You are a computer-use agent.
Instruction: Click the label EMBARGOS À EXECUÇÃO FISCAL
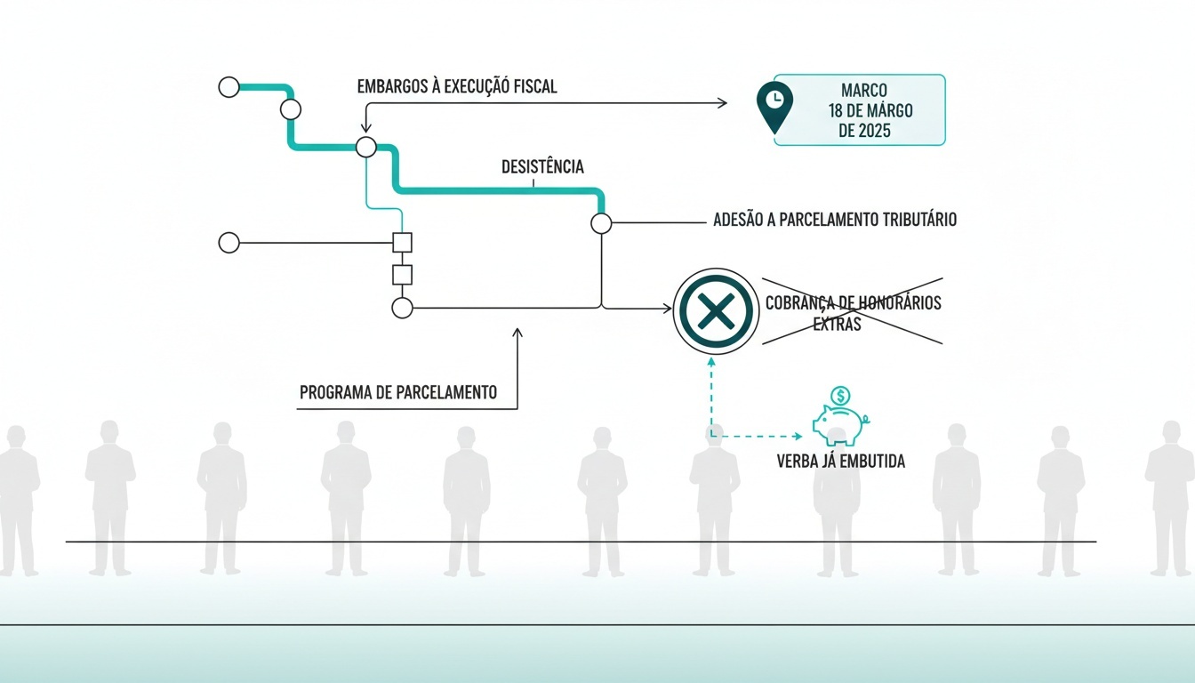point(457,86)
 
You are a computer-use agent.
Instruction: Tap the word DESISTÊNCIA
point(542,167)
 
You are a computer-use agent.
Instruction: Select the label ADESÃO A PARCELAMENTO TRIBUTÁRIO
point(835,220)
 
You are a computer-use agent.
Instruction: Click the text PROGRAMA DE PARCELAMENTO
point(398,393)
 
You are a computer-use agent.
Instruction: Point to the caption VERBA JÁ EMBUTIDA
point(841,461)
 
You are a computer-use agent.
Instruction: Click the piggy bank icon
point(841,425)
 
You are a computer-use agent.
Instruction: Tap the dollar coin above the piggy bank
point(841,396)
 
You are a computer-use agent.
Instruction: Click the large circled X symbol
point(716,310)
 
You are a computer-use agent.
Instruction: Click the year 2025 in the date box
point(875,131)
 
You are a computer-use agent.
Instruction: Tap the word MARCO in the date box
point(864,90)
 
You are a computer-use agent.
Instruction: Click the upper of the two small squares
point(402,243)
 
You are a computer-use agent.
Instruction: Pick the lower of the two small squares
point(402,276)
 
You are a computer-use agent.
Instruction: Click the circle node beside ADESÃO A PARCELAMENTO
point(601,223)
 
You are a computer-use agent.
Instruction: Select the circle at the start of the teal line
point(229,87)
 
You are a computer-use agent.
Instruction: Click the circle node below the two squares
point(402,308)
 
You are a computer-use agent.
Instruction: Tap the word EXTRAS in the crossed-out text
point(837,325)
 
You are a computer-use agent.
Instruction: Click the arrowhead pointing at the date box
point(722,103)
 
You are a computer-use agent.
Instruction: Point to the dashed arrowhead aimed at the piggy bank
point(798,437)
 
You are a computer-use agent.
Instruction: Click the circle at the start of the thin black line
point(229,243)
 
